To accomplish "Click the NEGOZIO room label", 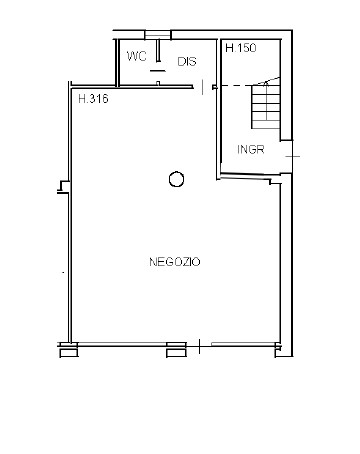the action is pyautogui.click(x=175, y=262).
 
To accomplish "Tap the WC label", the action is pyautogui.click(x=137, y=56).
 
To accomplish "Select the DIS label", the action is pyautogui.click(x=187, y=61).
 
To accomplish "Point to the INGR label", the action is pyautogui.click(x=251, y=149).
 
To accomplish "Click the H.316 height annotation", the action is pyautogui.click(x=93, y=99).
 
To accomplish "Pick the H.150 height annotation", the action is pyautogui.click(x=241, y=48).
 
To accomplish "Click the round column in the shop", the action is pyautogui.click(x=176, y=179).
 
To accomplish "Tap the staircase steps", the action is pyautogui.click(x=266, y=107).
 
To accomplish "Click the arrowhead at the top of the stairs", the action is pyautogui.click(x=266, y=83).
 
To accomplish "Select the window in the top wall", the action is pyautogui.click(x=158, y=35).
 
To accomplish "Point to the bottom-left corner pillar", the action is pyautogui.click(x=69, y=350).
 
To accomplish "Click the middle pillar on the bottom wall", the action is pyautogui.click(x=176, y=350).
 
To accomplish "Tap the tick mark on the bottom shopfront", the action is pyautogui.click(x=199, y=346).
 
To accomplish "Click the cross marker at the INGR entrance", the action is pyautogui.click(x=293, y=156).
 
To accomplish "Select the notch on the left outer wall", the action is pyautogui.click(x=64, y=187).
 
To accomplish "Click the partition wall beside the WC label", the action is pyautogui.click(x=158, y=51).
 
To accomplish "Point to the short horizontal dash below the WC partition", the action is pyautogui.click(x=157, y=71).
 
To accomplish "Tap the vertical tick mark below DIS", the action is pyautogui.click(x=203, y=87).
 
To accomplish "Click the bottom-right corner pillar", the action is pyautogui.click(x=278, y=351).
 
